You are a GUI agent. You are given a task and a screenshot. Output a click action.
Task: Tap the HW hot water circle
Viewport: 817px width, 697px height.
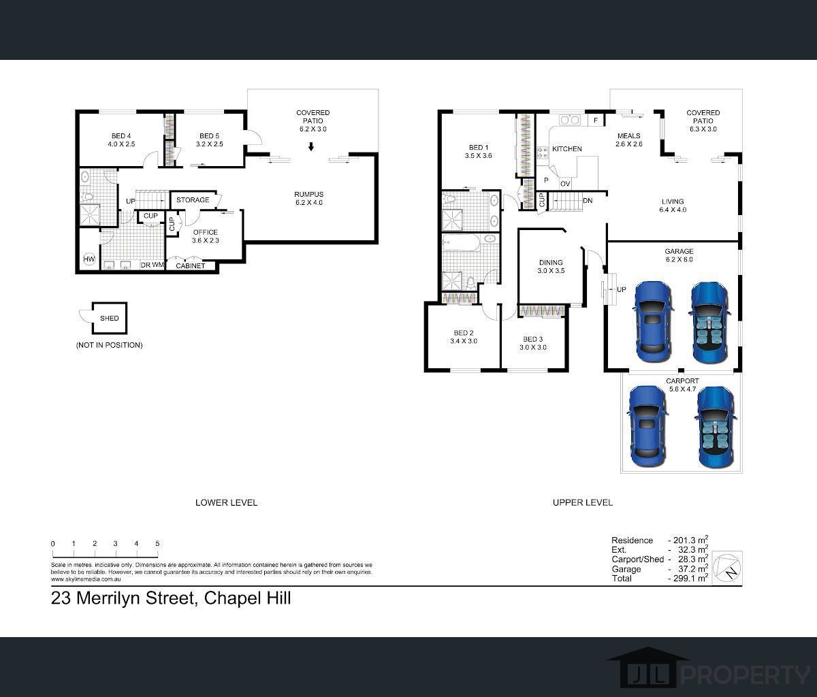coord(89,259)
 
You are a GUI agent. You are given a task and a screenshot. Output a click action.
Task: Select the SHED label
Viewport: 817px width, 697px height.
coord(110,318)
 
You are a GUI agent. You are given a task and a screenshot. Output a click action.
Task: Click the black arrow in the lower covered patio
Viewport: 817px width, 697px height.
coord(311,146)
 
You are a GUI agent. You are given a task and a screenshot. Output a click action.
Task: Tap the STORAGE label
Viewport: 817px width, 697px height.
coord(193,200)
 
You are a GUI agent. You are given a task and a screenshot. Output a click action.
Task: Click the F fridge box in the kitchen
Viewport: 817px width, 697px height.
coord(596,120)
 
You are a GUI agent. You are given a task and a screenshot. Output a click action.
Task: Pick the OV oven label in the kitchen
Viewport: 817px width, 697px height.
coord(565,184)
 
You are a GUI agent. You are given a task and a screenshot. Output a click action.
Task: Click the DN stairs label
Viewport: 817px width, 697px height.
coord(588,201)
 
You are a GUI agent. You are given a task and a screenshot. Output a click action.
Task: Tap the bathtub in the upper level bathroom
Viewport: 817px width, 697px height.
coord(461,242)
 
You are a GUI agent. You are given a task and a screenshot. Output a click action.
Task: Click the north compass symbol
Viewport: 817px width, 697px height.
coord(727,568)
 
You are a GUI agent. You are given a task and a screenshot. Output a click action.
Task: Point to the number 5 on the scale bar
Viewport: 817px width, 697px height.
coord(157,543)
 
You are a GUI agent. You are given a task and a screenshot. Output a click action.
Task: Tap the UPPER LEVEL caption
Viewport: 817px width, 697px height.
coord(583,502)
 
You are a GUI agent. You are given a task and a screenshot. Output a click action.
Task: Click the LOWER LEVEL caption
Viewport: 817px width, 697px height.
coord(227,502)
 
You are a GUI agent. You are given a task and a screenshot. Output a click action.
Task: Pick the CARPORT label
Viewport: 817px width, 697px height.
coord(682,381)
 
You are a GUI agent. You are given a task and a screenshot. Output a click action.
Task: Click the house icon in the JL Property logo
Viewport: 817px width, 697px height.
coord(648,667)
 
